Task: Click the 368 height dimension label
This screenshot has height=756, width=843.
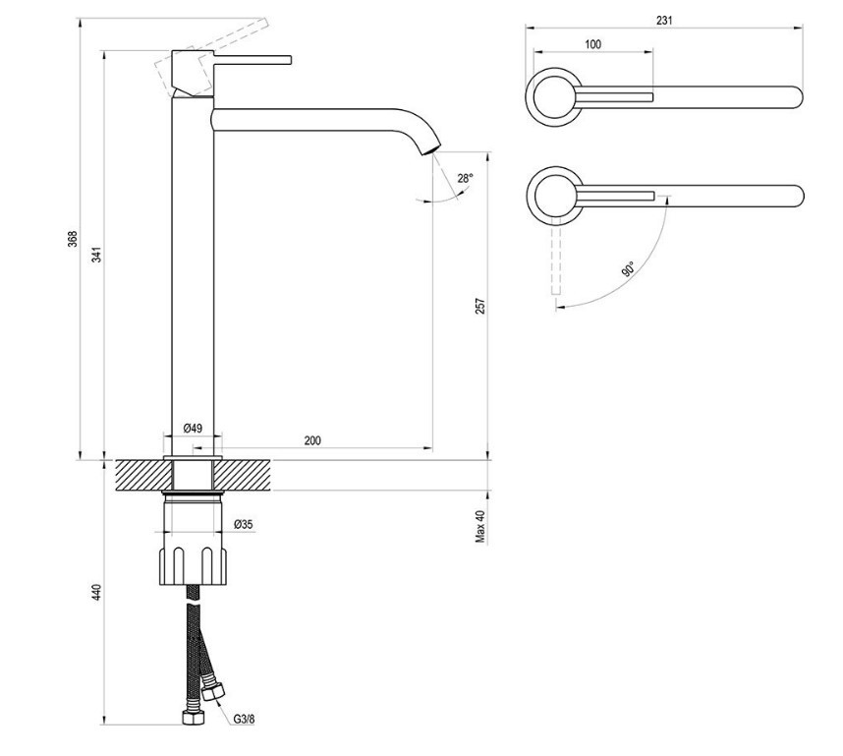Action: pos(72,239)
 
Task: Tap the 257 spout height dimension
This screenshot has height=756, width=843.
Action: pos(480,306)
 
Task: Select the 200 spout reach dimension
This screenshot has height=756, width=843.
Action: pos(311,440)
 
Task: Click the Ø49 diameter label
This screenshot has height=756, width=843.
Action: pos(193,429)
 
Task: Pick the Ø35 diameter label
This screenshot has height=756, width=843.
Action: pos(243,524)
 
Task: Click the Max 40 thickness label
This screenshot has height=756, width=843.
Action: pos(481,526)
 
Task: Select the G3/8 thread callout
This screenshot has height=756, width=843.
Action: pos(245,719)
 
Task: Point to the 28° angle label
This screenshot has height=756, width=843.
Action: pos(465,178)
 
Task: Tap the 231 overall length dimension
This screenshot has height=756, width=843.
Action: pos(665,20)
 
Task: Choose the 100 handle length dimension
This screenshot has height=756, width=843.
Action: pos(592,44)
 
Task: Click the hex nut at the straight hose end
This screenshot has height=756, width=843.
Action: pos(192,719)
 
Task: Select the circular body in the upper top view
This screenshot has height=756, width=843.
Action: pos(555,96)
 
